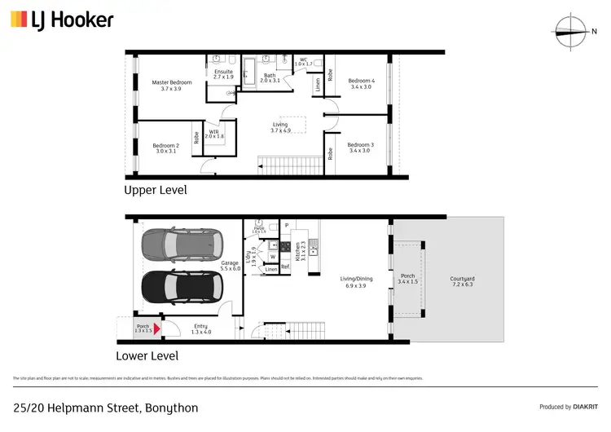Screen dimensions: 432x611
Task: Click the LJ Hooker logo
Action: [x=62, y=20]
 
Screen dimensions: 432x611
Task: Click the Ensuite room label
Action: [x=223, y=75]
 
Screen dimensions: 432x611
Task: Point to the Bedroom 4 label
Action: [x=361, y=84]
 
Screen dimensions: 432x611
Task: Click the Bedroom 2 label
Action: [x=165, y=148]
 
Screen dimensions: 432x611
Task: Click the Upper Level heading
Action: [x=155, y=190]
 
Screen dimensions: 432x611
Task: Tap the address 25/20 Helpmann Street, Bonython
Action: [x=105, y=407]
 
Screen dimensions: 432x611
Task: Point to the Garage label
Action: [x=230, y=266]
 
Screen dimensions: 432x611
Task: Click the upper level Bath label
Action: [x=270, y=78]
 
